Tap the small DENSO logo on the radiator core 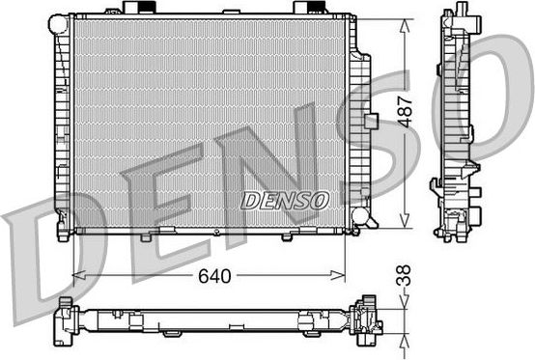285,199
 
